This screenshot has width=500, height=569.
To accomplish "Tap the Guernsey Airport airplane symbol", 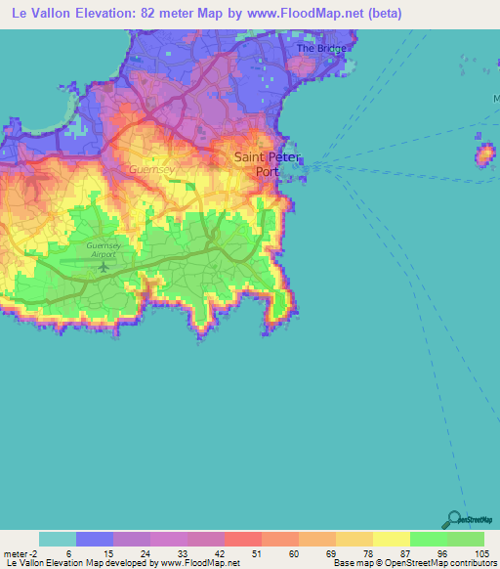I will tap(104, 261).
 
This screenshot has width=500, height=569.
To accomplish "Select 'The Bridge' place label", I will tap(321, 48).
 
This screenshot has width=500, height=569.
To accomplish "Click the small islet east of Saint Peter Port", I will tap(485, 153).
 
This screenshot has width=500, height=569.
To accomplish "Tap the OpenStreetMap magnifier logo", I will tap(451, 519).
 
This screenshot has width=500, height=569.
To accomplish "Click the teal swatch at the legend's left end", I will tap(58, 539).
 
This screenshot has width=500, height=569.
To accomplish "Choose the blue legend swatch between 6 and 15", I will tap(95, 539).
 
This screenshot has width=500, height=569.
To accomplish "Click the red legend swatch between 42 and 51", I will tap(243, 539).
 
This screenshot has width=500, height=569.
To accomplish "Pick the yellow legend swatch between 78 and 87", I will tap(392, 539).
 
